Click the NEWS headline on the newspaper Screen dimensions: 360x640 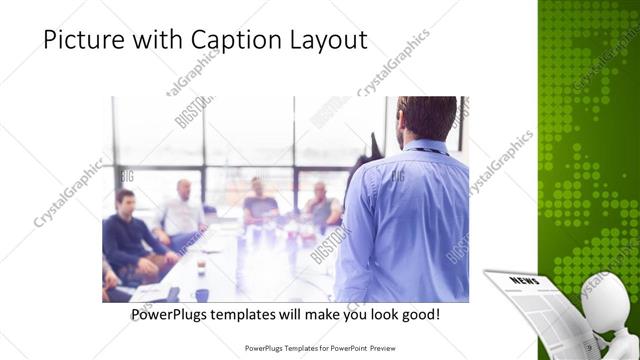pos(524,282)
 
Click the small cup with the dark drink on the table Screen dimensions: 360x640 pos(201,262)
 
